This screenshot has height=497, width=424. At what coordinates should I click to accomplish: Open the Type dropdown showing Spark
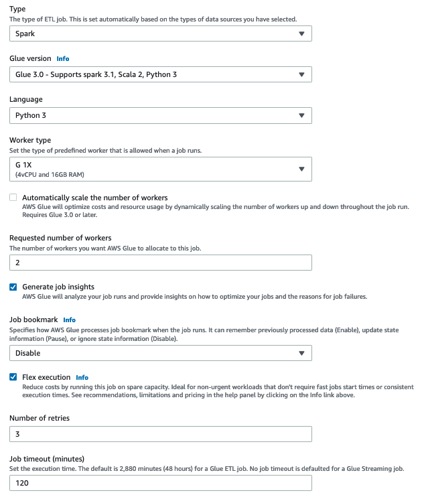point(160,33)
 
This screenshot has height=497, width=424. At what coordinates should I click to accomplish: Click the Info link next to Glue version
point(62,59)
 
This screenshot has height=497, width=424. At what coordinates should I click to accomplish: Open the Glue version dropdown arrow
point(301,74)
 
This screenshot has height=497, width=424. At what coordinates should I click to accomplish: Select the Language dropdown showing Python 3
point(160,115)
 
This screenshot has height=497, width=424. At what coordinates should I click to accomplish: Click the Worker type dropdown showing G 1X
point(160,169)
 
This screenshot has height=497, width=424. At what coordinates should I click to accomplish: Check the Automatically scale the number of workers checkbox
point(13,198)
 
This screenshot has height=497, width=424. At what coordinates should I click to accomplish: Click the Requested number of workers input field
point(160,263)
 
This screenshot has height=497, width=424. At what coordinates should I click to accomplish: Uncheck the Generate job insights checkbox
point(13,287)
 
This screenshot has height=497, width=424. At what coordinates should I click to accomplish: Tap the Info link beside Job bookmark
point(69,320)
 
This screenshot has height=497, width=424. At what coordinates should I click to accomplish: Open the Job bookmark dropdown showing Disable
point(160,353)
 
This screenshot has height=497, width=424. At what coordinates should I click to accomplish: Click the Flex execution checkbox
point(13,377)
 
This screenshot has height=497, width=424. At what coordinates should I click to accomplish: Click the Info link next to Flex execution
point(82,378)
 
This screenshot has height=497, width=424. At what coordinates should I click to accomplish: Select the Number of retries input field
point(160,434)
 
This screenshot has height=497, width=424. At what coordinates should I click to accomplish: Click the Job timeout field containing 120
point(160,483)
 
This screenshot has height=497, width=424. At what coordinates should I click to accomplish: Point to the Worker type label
point(29,141)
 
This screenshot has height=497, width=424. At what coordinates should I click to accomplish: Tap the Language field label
point(25,100)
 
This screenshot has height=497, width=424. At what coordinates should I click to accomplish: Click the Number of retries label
point(40,418)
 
